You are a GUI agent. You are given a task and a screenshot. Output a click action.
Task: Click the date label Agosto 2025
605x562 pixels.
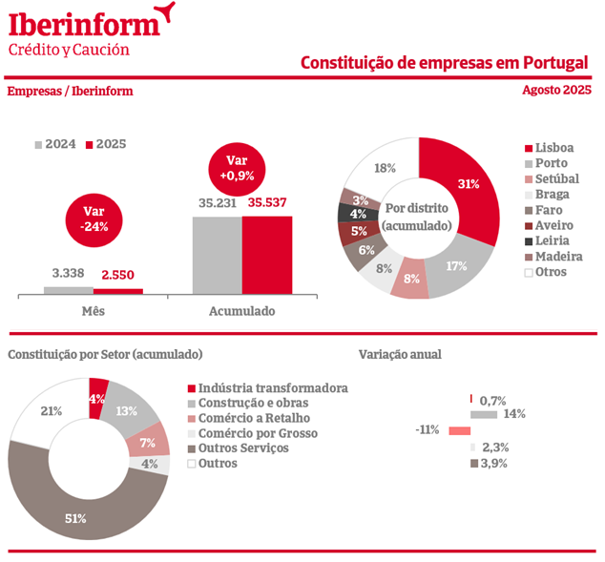557,91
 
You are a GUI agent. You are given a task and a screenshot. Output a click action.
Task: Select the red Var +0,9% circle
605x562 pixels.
238,168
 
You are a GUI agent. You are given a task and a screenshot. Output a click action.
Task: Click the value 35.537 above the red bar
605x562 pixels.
268,203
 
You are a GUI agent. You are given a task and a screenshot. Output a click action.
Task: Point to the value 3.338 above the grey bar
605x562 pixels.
69,274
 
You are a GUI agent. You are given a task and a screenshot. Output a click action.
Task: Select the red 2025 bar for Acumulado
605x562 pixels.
267,255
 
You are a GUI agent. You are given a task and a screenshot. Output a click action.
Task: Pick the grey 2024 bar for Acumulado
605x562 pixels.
217,255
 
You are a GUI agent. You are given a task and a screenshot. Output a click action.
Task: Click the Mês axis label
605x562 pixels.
94,311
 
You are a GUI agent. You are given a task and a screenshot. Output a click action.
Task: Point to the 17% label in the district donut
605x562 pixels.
456,265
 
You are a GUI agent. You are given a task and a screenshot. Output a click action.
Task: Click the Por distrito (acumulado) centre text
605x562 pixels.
418,217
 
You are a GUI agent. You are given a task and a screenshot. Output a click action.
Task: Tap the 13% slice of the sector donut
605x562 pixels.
127,410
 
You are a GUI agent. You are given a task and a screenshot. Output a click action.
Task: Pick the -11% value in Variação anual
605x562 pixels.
428,429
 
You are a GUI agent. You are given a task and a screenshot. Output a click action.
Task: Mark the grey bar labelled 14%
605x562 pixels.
484,414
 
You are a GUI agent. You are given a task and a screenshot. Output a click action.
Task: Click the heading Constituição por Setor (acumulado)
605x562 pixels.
105,354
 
